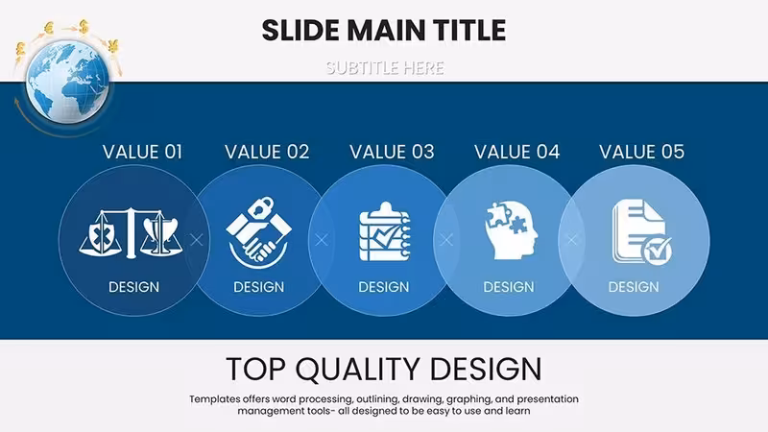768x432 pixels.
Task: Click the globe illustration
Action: click(67, 82)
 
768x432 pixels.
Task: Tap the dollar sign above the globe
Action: click(84, 27)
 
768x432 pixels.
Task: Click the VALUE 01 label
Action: click(142, 152)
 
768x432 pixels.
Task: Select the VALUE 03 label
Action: click(392, 152)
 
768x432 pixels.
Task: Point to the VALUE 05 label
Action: click(641, 152)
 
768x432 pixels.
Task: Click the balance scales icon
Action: click(131, 232)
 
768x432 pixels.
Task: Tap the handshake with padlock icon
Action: click(258, 232)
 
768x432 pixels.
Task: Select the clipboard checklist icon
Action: click(385, 231)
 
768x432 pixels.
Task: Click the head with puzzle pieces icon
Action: click(512, 229)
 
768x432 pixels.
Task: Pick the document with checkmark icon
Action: click(641, 231)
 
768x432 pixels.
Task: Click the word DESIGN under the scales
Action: click(133, 287)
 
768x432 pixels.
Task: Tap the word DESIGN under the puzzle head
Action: click(509, 287)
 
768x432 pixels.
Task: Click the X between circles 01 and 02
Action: click(197, 240)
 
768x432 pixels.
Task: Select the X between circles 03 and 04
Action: click(446, 240)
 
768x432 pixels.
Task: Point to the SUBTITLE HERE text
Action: click(385, 67)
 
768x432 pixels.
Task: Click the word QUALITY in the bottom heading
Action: click(357, 369)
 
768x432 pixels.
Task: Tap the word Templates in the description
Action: click(214, 399)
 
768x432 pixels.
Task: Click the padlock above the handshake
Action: click(261, 205)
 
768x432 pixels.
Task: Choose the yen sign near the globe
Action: click(113, 46)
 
